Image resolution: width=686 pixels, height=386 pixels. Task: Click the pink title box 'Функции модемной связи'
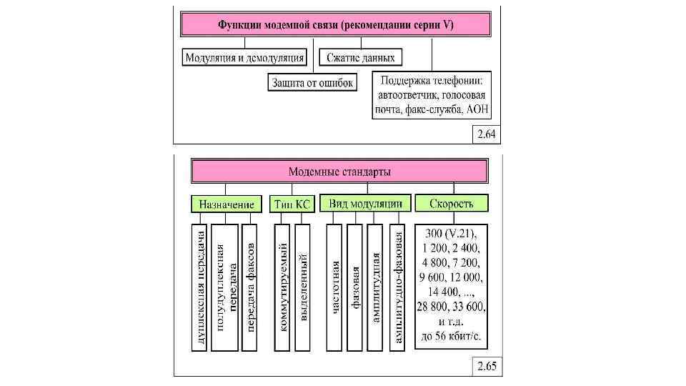(x=336, y=25)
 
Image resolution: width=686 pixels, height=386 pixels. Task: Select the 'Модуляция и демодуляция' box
(x=244, y=57)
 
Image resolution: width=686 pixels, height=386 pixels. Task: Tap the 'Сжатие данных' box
(x=361, y=57)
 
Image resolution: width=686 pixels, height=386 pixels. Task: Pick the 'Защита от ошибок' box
(x=312, y=82)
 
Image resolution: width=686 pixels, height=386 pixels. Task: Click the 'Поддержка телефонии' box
(x=435, y=94)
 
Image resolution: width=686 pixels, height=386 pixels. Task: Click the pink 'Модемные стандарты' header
(x=339, y=172)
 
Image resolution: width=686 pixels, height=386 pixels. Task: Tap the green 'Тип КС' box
(x=292, y=204)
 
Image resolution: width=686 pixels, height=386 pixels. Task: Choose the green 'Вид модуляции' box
(x=365, y=203)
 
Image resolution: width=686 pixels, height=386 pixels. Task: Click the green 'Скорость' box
(x=452, y=204)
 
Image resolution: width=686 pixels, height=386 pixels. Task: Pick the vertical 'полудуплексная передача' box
(x=225, y=287)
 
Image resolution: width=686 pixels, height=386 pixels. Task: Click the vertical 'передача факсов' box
(x=250, y=287)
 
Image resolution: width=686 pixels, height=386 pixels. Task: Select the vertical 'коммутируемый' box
(x=282, y=287)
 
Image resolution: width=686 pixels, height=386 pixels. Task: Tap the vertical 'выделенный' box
(x=303, y=287)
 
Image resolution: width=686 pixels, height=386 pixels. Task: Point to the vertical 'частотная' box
(x=334, y=287)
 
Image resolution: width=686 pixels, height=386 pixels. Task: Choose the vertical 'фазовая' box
(x=355, y=287)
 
